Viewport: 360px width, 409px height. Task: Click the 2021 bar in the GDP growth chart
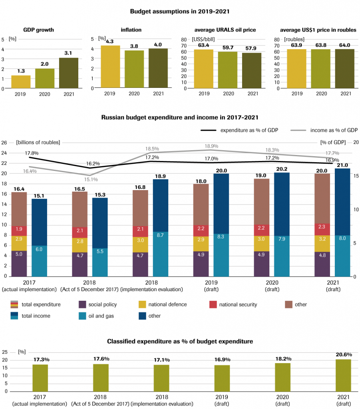[x=69, y=73]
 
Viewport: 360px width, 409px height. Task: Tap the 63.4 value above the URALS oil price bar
[x=203, y=46]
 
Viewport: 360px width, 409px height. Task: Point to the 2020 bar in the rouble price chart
[x=321, y=68]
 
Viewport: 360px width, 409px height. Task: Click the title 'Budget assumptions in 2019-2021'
[x=180, y=11]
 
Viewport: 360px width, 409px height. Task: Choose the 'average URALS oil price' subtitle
[x=225, y=30]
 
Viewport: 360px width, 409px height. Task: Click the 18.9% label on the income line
[x=211, y=146]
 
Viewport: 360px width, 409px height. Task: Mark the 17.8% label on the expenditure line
[x=32, y=153]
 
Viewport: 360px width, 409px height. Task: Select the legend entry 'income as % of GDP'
[x=334, y=130]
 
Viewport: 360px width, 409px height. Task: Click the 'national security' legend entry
[x=238, y=304]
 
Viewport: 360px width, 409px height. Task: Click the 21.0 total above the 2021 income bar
[x=342, y=165]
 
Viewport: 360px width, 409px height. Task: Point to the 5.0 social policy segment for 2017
[x=19, y=254]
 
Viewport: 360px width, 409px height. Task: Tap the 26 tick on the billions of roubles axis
[x=4, y=143]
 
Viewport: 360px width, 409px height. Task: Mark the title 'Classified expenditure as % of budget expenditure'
[x=180, y=341]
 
